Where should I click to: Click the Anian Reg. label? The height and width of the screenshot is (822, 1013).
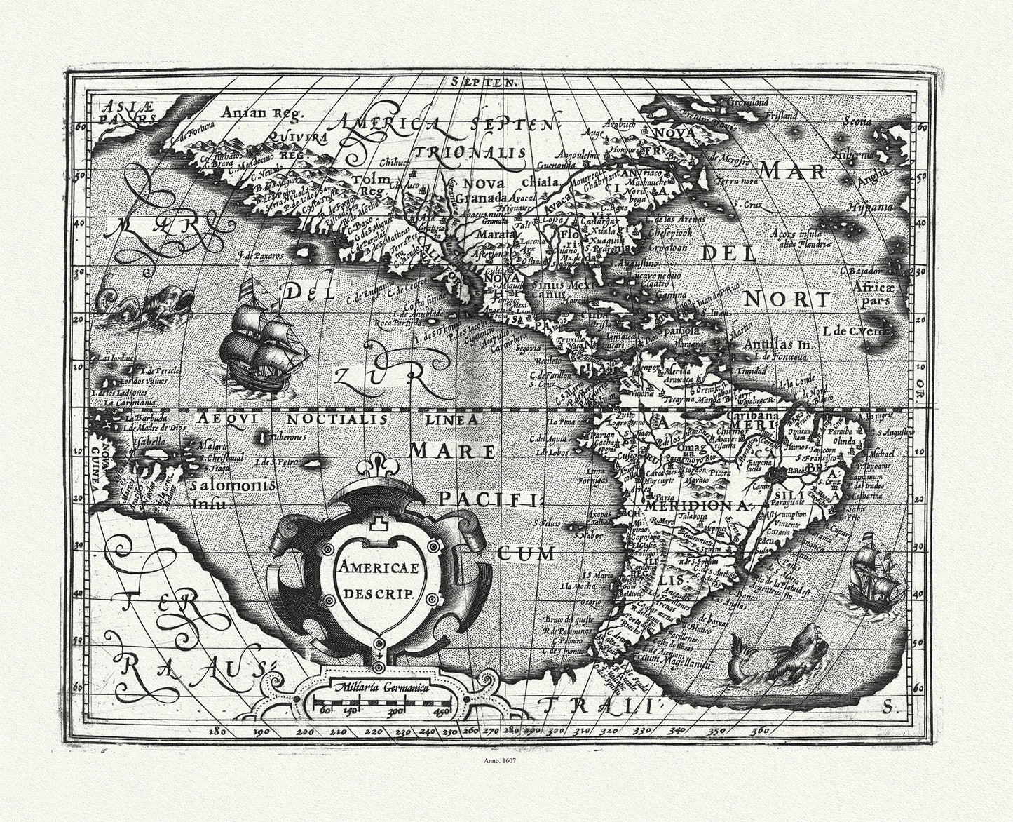[250, 112]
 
